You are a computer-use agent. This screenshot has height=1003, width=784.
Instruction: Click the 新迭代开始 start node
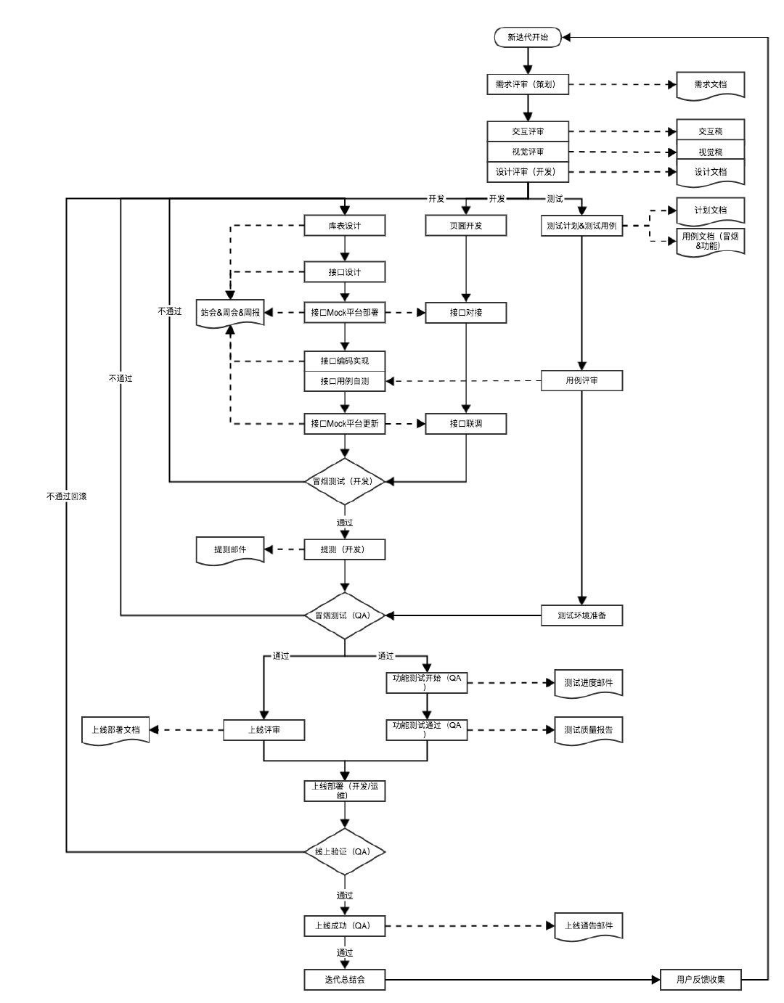[528, 38]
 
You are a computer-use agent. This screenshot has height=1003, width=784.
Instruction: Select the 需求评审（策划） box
[528, 84]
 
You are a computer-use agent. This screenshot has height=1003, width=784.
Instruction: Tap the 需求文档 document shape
[710, 85]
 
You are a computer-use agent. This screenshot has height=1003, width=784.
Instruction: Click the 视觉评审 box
[528, 152]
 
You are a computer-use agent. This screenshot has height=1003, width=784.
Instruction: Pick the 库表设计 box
[344, 226]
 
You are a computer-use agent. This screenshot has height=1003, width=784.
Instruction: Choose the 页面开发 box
[465, 226]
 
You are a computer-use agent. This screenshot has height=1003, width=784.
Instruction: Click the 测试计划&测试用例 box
[581, 226]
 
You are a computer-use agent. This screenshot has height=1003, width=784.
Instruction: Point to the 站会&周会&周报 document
[230, 313]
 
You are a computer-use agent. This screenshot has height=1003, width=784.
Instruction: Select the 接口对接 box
[465, 313]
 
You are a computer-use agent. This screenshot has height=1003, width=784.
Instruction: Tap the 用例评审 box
[581, 380]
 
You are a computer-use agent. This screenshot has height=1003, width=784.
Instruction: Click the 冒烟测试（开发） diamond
[344, 481]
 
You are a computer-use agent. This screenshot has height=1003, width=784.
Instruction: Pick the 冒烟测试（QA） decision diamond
[344, 615]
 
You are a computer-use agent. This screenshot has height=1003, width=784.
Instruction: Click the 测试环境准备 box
[581, 615]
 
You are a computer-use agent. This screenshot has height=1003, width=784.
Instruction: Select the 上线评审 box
[264, 729]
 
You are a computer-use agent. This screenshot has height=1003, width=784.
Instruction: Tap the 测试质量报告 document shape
[588, 730]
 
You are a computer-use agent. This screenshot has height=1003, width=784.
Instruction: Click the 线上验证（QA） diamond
[344, 851]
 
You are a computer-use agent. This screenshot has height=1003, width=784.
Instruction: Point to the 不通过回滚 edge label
[67, 496]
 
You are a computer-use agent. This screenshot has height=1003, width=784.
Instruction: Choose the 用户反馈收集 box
[701, 980]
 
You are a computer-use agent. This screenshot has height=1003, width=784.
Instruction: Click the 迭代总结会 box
[344, 980]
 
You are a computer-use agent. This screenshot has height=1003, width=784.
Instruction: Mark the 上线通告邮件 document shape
[588, 926]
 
